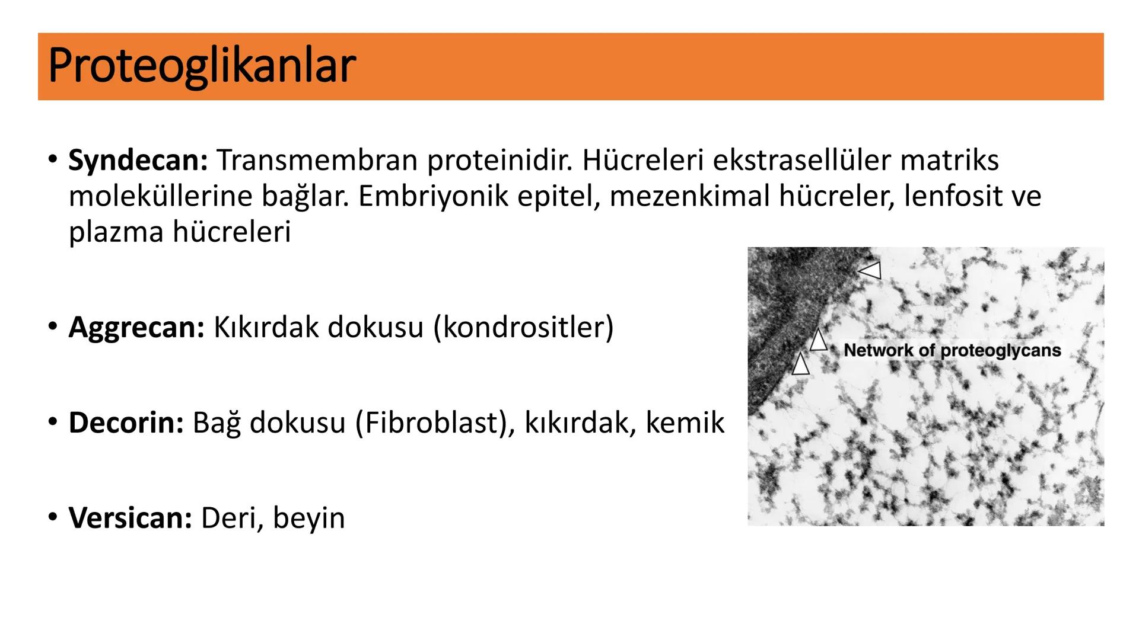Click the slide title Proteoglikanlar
point(202,66)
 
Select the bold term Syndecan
point(138,160)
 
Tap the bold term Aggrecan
point(136,327)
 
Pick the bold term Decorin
point(126,423)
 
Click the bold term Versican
point(130,518)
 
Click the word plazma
point(116,232)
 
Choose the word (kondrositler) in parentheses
point(523,327)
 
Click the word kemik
point(685,423)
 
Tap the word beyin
point(308,518)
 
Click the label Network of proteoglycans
point(952,350)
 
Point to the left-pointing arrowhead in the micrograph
point(871,271)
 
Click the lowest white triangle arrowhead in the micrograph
point(800,364)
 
